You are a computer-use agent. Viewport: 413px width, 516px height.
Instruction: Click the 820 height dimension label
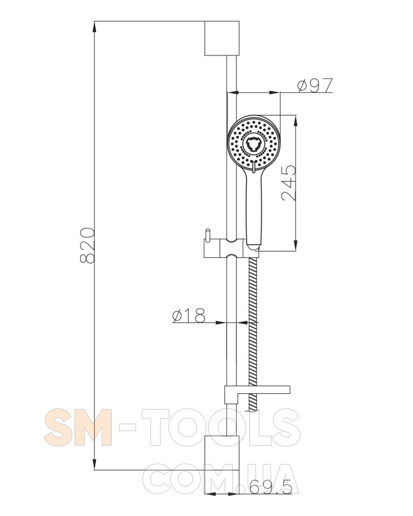[87, 246]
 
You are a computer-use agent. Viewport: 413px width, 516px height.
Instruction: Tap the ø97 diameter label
[314, 85]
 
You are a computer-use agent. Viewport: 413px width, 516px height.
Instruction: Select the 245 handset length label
[288, 183]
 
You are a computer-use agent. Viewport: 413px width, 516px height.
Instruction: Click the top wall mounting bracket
[222, 38]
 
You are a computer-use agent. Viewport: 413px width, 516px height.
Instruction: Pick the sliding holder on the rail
[231, 248]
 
